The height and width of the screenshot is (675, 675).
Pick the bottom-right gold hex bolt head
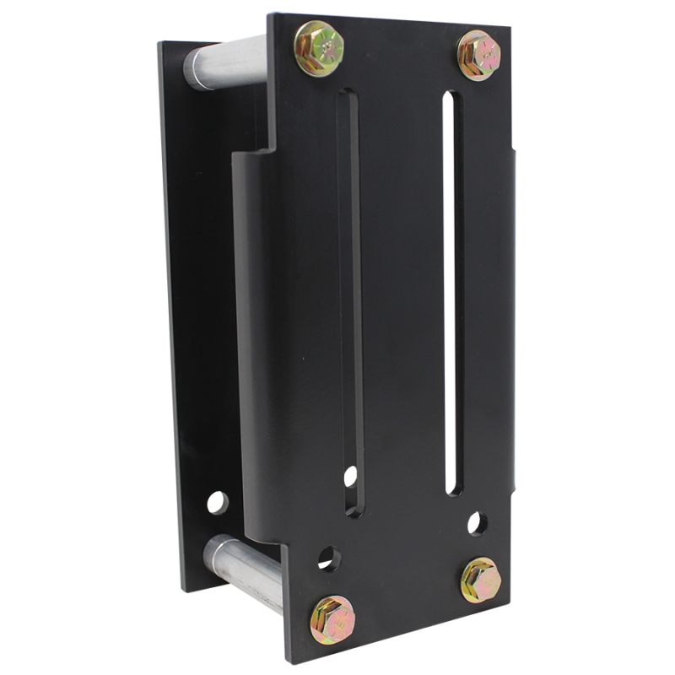coord(482,580)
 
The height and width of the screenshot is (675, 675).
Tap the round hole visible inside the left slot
coord(348,477)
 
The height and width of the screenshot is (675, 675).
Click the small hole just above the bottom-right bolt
coord(478,523)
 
